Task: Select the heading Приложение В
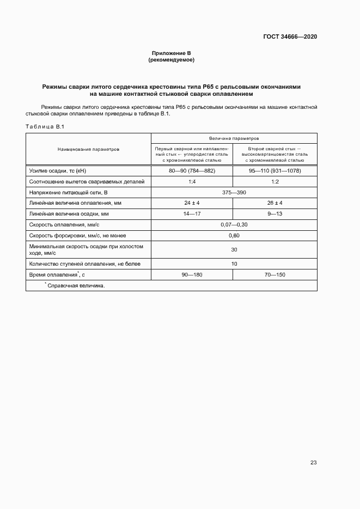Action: coord(171,53)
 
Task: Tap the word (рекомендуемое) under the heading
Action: coord(171,59)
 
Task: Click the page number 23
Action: coord(313,462)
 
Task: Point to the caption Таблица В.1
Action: coord(45,126)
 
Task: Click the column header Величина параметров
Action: coord(234,138)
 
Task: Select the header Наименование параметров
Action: coord(88,149)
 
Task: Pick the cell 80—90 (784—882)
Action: coord(192,171)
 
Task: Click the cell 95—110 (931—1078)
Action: coord(274,171)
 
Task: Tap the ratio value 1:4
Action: coord(192,181)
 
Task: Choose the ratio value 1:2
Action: coord(274,181)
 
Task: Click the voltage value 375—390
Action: coord(234,192)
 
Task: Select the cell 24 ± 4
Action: coord(192,203)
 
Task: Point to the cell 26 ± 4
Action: coord(274,203)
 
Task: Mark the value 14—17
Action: coord(192,213)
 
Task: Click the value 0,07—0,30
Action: coord(234,224)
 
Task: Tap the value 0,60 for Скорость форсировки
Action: coord(234,235)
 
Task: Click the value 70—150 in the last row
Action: coord(274,274)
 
